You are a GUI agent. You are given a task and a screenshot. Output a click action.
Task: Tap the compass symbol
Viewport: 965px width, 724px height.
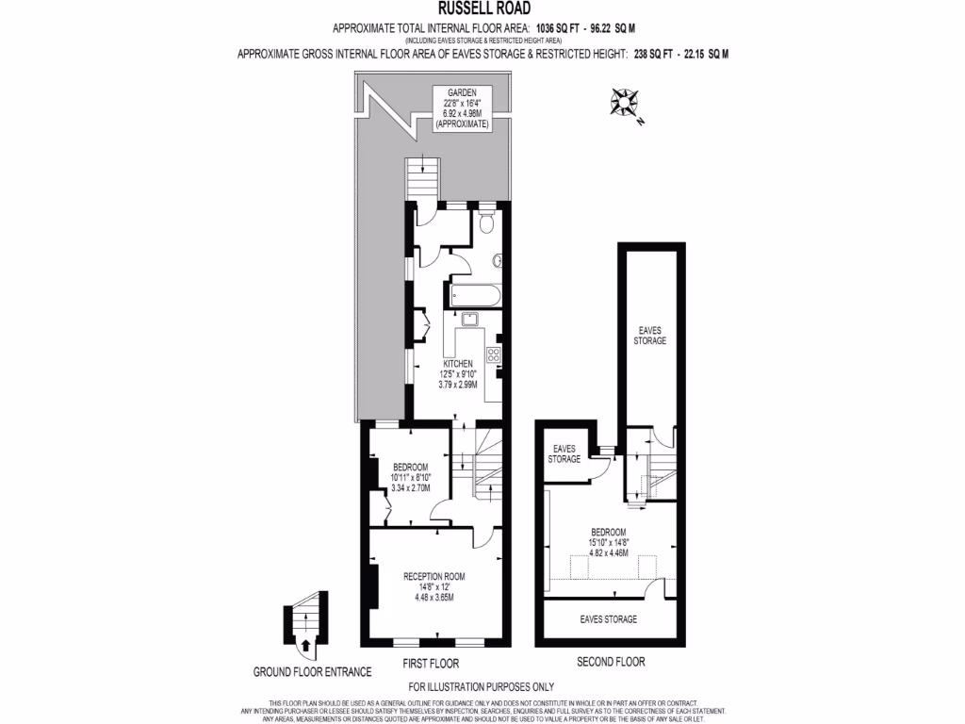(624, 102)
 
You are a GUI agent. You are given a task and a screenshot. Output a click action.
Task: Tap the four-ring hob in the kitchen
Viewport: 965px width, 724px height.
(493, 355)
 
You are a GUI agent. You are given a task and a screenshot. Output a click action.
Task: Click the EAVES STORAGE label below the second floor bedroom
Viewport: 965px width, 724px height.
(609, 619)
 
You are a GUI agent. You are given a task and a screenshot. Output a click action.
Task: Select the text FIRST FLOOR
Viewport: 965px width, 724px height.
(431, 663)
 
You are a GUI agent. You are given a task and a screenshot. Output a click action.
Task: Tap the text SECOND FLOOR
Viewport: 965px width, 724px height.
(611, 663)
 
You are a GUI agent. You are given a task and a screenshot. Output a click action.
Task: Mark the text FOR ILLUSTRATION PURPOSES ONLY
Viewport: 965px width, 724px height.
(482, 686)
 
